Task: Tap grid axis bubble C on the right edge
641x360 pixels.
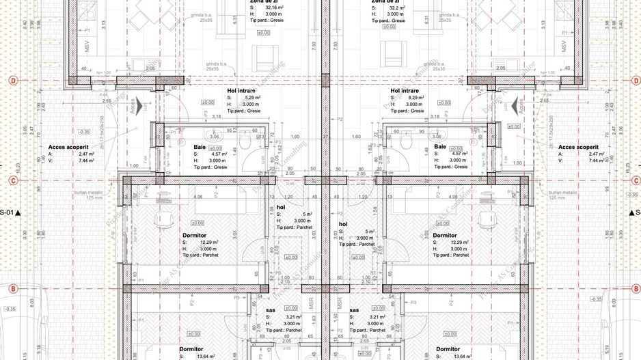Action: tap(629, 181)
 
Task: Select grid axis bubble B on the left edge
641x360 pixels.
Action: tap(12, 289)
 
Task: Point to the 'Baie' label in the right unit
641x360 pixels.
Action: tap(440, 147)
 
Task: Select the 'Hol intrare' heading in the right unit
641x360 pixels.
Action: tap(405, 91)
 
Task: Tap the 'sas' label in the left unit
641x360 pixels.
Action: tap(270, 309)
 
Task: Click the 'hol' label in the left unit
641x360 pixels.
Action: tap(281, 206)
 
